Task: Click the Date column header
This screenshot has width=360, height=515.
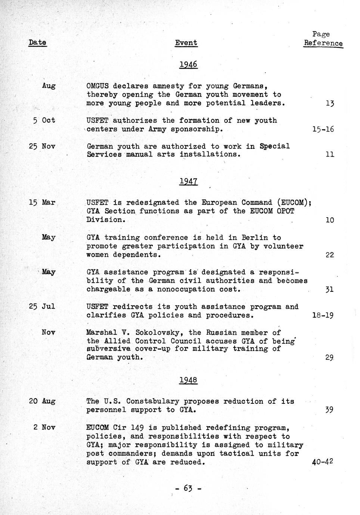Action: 37,43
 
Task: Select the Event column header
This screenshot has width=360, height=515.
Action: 186,43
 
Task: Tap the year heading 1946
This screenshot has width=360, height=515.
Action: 188,65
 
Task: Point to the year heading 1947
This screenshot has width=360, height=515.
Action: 188,182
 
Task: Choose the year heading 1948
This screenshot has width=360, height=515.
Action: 188,380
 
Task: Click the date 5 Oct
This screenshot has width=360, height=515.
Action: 44,121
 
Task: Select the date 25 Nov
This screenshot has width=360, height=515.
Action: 42,146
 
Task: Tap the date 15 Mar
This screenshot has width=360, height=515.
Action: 42,203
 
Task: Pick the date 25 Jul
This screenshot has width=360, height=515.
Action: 42,307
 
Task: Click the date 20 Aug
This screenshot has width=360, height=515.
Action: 42,402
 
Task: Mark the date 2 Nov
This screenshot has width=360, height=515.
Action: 44,427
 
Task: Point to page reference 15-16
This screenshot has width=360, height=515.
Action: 323,129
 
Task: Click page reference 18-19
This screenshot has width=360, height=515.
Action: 323,315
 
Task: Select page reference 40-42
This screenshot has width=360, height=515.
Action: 322,462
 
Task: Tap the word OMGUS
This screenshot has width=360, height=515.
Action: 97,86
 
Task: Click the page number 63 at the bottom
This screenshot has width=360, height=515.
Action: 188,488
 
